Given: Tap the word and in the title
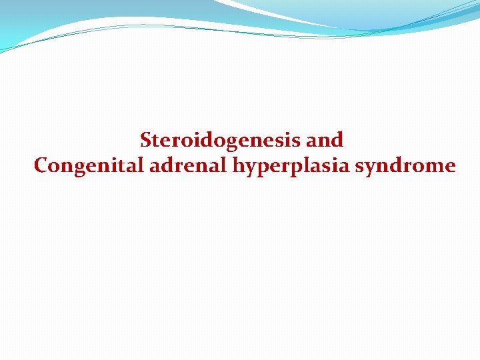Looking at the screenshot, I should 326,140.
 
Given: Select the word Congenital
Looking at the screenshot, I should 89,165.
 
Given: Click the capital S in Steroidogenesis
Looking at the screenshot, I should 146,140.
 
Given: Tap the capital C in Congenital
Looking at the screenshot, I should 41,165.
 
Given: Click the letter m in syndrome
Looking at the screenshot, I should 434,166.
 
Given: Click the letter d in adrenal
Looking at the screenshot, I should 167,165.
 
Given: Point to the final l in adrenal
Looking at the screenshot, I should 225,165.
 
